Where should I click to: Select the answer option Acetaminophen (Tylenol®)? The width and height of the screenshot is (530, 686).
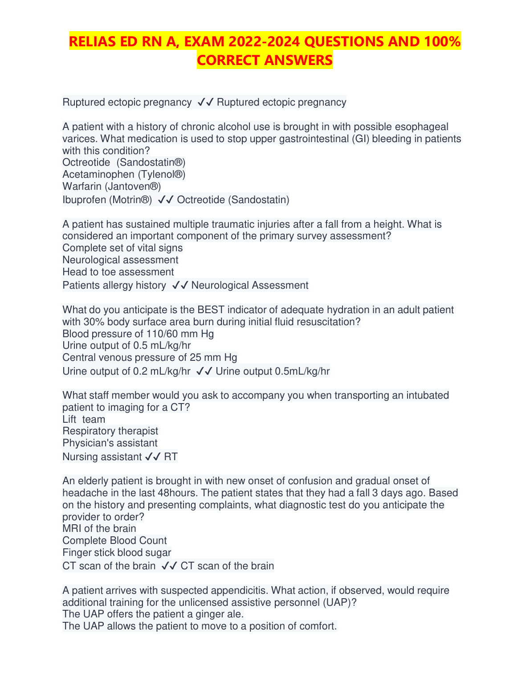(124, 174)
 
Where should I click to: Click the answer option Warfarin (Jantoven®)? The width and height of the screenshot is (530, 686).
(112, 186)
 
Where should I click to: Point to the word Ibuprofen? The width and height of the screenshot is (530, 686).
(84, 200)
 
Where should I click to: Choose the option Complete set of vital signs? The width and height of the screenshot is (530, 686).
(122, 248)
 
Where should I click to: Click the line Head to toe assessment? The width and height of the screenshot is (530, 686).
(118, 272)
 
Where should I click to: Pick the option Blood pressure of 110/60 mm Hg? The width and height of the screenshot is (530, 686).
(138, 334)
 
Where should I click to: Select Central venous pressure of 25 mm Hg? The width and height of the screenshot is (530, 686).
(150, 358)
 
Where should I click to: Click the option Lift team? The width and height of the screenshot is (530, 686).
(84, 420)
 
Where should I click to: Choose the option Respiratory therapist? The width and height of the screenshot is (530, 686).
(110, 431)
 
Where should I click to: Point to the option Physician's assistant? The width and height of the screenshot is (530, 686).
(110, 443)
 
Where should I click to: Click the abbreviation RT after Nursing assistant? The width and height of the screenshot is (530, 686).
(171, 457)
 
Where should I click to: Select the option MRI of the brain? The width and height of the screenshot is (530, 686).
(99, 529)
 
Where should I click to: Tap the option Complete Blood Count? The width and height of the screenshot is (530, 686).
(114, 541)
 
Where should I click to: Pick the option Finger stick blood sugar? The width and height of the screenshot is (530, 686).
(117, 553)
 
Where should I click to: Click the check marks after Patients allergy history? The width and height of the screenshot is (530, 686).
(180, 286)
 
